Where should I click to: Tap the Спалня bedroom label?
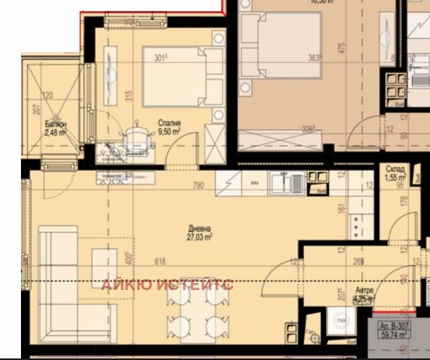pyautogui.click(x=169, y=123)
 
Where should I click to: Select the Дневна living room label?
pyautogui.click(x=198, y=229)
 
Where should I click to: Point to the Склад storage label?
pyautogui.click(x=395, y=169)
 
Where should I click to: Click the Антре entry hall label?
pyautogui.click(x=364, y=289)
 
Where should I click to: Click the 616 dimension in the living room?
pyautogui.click(x=160, y=262)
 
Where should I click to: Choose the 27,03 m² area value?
pyautogui.click(x=200, y=238)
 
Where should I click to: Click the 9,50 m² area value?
pyautogui.click(x=169, y=132)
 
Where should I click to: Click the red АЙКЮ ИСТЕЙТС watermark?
pyautogui.click(x=167, y=284)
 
